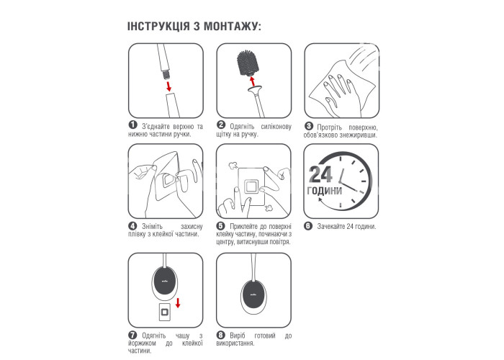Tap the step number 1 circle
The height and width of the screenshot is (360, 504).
[x=132, y=125]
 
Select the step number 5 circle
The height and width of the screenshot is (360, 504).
[x=220, y=226]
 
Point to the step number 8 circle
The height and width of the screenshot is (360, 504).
[x=220, y=336]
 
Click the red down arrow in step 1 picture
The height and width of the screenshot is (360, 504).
[x=168, y=86]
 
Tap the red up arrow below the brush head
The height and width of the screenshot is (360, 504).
[x=252, y=81]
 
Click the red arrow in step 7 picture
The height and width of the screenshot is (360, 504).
[x=178, y=302]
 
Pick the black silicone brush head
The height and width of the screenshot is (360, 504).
[x=248, y=63]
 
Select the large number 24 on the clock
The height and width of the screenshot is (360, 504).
[x=320, y=175]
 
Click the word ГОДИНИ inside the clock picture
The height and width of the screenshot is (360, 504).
[x=325, y=191]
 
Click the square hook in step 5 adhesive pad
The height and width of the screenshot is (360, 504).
[x=251, y=186]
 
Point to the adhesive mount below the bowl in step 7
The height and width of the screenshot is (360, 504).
[x=165, y=312]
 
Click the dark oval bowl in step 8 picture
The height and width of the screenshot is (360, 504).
[x=253, y=293]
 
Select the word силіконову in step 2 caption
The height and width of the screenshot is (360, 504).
[x=276, y=126]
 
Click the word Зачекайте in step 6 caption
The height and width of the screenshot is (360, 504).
[x=331, y=226]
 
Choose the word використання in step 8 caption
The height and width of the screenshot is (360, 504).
[x=235, y=343]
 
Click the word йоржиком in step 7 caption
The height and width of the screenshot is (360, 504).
[x=142, y=343]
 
